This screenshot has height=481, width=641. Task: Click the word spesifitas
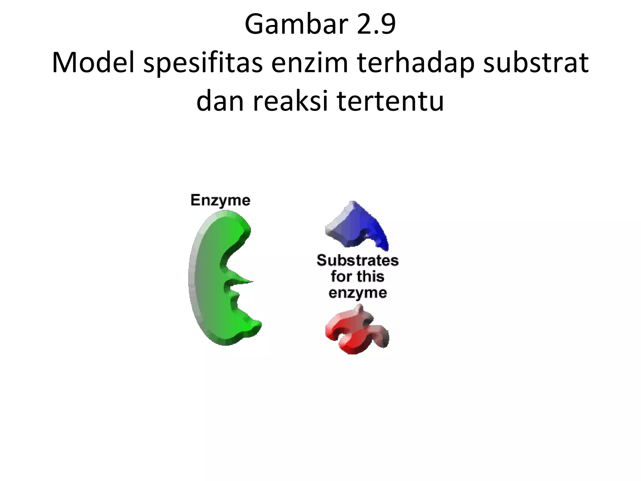pyautogui.click(x=203, y=63)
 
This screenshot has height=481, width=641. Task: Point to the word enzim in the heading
pyautogui.click(x=310, y=63)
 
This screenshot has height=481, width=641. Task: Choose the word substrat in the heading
pyautogui.click(x=536, y=63)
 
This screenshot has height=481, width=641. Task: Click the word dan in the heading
pyautogui.click(x=220, y=101)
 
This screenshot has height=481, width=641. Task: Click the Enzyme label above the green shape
pyautogui.click(x=220, y=200)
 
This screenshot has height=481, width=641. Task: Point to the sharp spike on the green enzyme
pyautogui.click(x=246, y=281)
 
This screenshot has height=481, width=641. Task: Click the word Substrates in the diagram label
pyautogui.click(x=357, y=261)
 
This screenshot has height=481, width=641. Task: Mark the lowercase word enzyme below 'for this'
pyautogui.click(x=357, y=293)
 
